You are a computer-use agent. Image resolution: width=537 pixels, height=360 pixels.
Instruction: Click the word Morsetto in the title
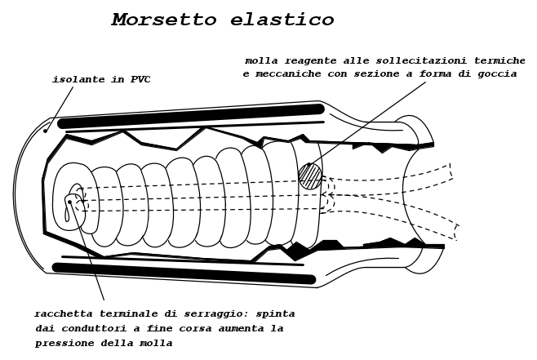(x=164, y=19)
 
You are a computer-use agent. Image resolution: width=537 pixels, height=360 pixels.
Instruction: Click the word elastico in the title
(x=282, y=19)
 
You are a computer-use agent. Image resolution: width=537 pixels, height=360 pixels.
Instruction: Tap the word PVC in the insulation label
(x=140, y=79)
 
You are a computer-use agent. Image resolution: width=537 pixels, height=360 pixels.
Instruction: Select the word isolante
(x=78, y=79)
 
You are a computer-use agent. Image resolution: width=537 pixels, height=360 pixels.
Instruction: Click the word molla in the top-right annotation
(x=261, y=61)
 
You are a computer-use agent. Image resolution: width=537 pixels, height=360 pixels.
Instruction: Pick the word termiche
(x=499, y=61)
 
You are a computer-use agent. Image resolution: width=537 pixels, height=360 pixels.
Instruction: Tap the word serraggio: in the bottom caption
(x=216, y=314)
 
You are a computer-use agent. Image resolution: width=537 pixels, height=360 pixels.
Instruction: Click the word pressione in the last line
(x=64, y=343)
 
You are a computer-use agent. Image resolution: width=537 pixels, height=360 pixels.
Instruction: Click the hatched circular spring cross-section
(x=310, y=176)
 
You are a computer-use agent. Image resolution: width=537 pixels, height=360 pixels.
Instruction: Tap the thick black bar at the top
(x=190, y=117)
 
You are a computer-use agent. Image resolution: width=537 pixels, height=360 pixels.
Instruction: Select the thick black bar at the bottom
(x=184, y=273)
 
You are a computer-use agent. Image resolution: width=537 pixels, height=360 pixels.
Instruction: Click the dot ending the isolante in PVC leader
(x=45, y=131)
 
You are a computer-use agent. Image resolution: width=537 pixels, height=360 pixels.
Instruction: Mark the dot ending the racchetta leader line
(x=70, y=202)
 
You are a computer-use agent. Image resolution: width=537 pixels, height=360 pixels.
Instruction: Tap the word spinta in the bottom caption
(x=275, y=314)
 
